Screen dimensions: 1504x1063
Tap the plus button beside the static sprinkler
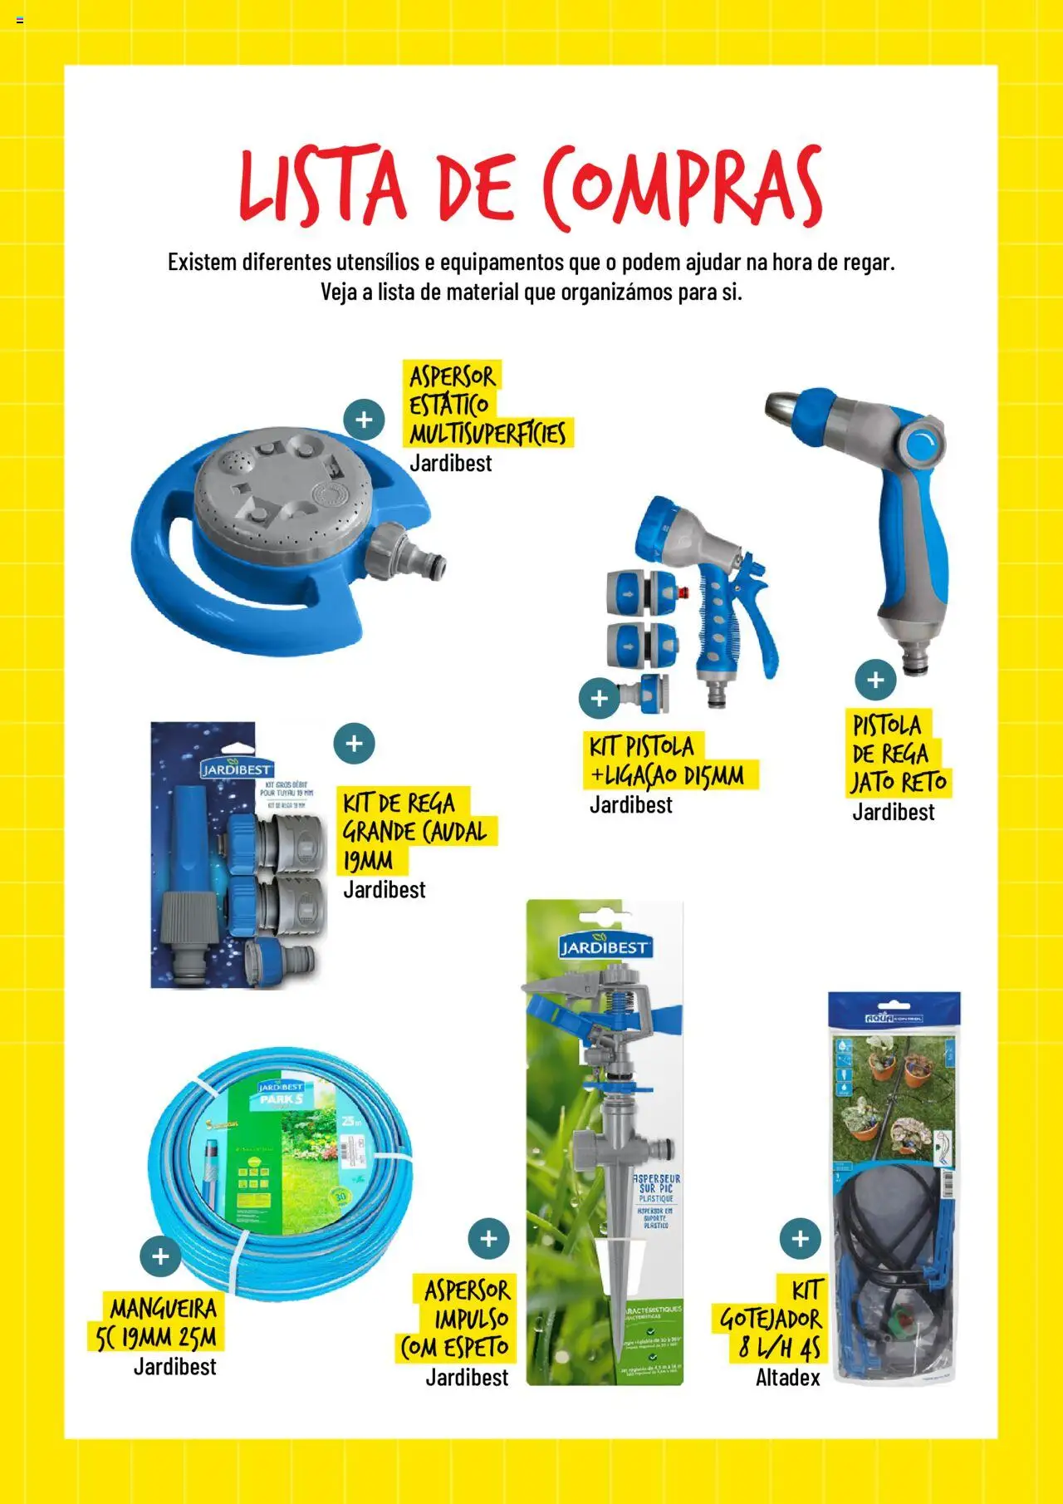pos(364,420)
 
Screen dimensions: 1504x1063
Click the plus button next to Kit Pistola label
pos(600,699)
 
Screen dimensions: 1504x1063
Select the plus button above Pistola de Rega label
pos(875,680)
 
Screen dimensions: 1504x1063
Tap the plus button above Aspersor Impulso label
pos(488,1239)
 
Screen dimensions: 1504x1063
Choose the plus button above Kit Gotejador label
pos(800,1239)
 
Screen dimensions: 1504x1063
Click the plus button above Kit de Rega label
pos(354,744)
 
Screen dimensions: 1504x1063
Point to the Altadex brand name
pos(787,1378)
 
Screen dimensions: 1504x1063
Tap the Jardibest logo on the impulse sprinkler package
pos(604,946)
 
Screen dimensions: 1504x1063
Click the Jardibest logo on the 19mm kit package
pos(236,769)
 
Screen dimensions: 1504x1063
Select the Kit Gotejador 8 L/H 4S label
pos(771,1319)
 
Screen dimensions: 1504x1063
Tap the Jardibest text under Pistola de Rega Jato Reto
pos(893,812)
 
